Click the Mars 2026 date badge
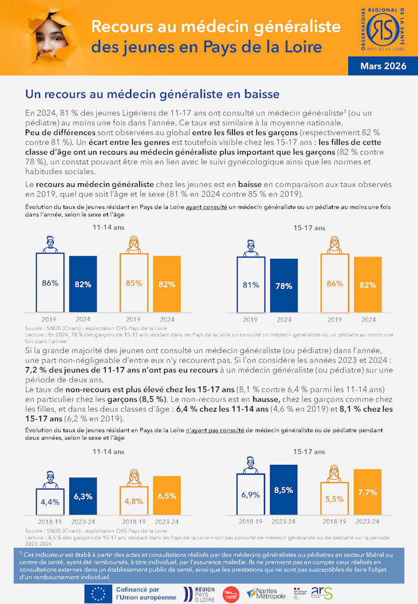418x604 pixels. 383,66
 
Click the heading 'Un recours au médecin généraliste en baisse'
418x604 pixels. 152,94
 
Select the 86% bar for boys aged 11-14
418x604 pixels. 50,282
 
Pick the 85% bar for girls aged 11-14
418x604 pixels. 133,282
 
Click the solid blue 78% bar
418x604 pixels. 284,285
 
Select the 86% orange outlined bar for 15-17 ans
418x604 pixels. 335,283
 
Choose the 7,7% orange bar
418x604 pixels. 368,492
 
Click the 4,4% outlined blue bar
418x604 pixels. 50,502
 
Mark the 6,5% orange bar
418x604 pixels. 167,496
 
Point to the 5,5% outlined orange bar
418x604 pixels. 334,499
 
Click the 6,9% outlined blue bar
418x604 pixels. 251,494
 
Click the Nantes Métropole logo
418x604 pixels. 266,594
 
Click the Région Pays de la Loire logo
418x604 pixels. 199,594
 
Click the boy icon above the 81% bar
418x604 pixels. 251,248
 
